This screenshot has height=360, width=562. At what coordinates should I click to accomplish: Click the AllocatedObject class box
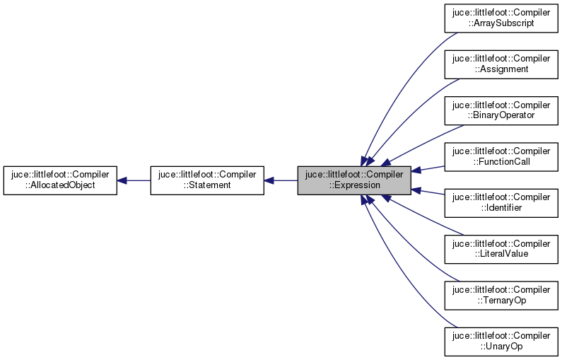point(60,180)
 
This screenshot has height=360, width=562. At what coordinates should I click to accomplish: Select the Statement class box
point(207,180)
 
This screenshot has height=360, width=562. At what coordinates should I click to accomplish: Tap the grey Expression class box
point(353,180)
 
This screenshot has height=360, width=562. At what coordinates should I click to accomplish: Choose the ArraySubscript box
point(501,17)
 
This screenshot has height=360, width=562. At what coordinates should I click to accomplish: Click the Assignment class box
point(501,64)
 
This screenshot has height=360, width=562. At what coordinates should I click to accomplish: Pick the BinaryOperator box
point(501,110)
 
